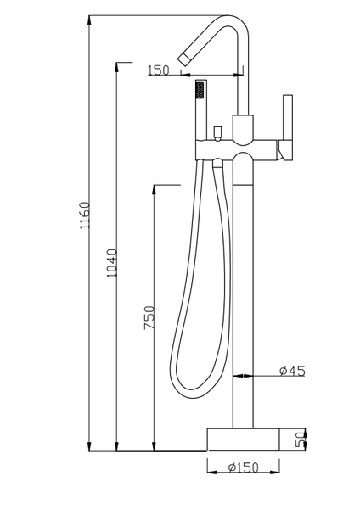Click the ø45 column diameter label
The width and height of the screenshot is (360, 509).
291,370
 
